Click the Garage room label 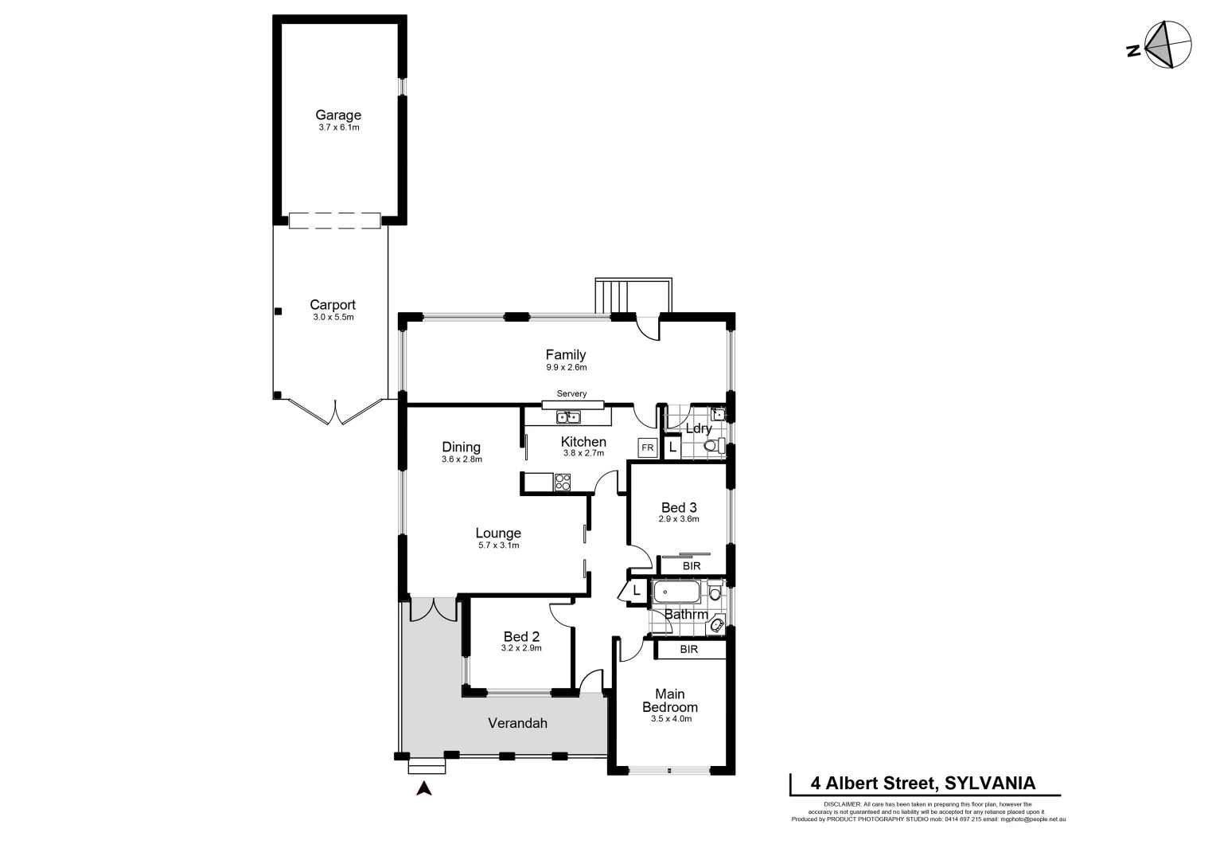tap(338, 115)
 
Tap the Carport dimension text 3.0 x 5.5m tap(333, 318)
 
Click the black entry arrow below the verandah tap(424, 788)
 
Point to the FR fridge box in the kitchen tap(648, 448)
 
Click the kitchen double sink tap(568, 417)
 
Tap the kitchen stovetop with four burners tap(562, 482)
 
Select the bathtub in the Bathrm tap(676, 593)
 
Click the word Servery tap(571, 394)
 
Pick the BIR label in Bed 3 tap(692, 565)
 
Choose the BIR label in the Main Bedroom tap(689, 650)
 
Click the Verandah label tap(517, 723)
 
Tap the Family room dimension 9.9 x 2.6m tap(566, 368)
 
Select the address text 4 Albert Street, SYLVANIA tap(922, 783)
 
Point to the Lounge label tap(498, 534)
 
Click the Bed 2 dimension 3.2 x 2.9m tap(521, 648)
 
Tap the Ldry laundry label tap(698, 428)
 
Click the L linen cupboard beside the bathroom tap(637, 591)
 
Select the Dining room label tap(462, 447)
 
